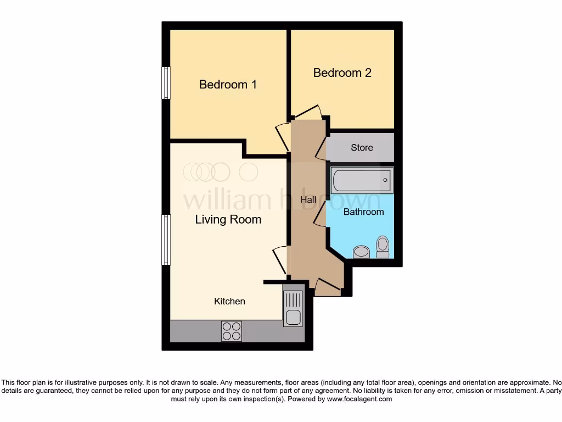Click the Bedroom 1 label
(228, 85)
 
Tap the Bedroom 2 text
(342, 73)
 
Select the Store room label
(362, 147)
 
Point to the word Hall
(308, 200)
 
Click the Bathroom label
(363, 212)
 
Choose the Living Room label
(228, 220)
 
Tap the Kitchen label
(229, 301)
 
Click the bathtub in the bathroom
(362, 180)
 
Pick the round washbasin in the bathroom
(361, 252)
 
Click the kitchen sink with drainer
(293, 308)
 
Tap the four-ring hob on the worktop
(231, 331)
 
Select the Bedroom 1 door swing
(282, 136)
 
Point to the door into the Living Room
(280, 259)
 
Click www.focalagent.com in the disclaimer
(359, 399)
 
